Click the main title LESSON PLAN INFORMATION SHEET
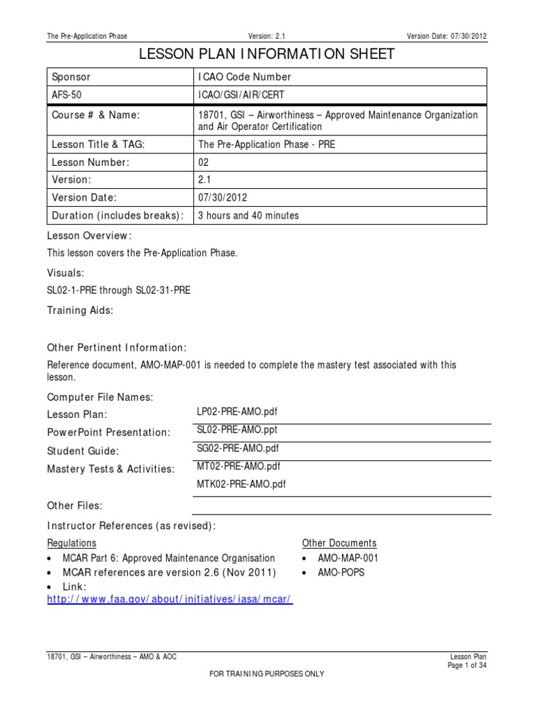pyautogui.click(x=268, y=54)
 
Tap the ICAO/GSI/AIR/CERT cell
pyautogui.click(x=241, y=95)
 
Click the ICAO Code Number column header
pyautogui.click(x=244, y=77)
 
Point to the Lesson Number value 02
pyautogui.click(x=204, y=162)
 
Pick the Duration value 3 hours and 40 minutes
pyautogui.click(x=248, y=215)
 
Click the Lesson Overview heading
pyautogui.click(x=89, y=235)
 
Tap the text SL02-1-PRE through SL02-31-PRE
pyautogui.click(x=118, y=290)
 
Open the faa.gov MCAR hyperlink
pyautogui.click(x=170, y=599)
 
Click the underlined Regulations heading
pyautogui.click(x=72, y=543)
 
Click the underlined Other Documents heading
pyautogui.click(x=339, y=543)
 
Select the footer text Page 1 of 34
pyautogui.click(x=467, y=665)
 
